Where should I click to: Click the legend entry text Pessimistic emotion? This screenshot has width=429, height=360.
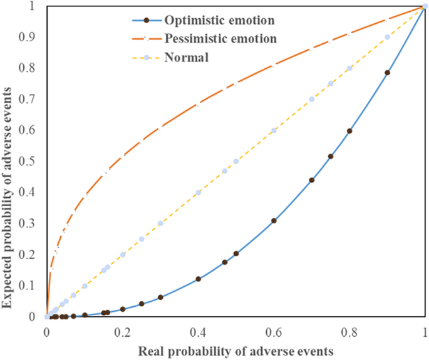tap(221, 39)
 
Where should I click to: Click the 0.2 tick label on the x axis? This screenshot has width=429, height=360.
tap(123, 330)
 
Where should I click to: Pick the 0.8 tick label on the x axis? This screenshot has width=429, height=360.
tap(349, 330)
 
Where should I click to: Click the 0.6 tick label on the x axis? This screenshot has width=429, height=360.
tap(274, 330)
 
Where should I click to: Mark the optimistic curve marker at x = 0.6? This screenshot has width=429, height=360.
tap(274, 220)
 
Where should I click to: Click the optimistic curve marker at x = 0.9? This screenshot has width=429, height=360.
tap(387, 73)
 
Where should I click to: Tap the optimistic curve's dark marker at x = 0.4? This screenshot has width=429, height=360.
tap(198, 279)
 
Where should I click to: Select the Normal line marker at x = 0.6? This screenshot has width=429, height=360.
tap(274, 130)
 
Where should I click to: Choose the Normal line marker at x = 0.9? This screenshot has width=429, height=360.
tap(387, 38)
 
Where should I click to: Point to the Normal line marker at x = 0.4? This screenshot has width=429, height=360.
tap(198, 193)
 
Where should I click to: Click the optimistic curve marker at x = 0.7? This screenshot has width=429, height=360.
tap(311, 180)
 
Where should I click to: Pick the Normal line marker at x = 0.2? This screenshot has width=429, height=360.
tap(123, 254)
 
